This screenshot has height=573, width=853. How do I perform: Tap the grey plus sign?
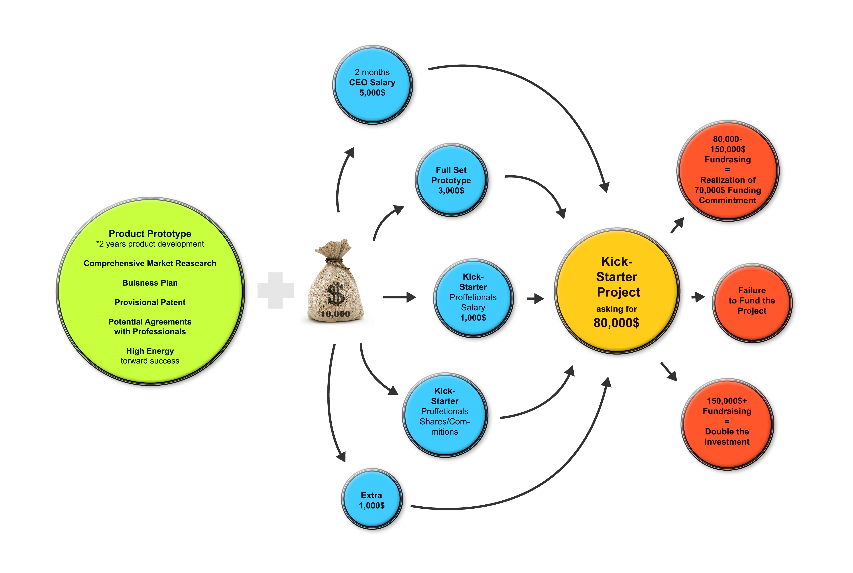[275, 290]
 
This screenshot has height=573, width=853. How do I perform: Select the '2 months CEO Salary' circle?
[372, 85]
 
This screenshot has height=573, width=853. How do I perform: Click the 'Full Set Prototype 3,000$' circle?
[451, 180]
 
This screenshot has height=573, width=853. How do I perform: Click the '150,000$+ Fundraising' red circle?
[727, 424]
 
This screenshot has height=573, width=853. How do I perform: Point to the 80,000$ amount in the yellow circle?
[617, 323]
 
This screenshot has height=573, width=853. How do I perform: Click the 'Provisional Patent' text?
[150, 302]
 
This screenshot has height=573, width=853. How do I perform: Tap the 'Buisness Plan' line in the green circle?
[150, 283]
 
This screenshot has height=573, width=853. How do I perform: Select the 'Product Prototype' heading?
[150, 234]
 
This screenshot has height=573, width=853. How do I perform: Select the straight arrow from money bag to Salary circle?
[399, 297]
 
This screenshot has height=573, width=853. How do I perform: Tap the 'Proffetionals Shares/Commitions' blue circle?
[445, 415]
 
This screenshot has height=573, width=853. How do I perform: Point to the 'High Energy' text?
[150, 351]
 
